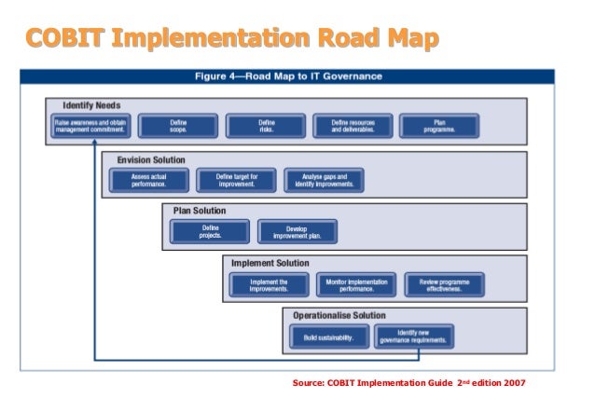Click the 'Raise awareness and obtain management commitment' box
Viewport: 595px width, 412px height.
(90, 127)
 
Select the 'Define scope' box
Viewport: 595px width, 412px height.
(178, 127)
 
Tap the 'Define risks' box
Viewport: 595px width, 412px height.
(266, 127)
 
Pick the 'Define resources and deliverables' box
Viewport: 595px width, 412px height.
(353, 127)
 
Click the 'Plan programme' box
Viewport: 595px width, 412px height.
(439, 127)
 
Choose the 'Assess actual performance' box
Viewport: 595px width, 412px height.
(148, 180)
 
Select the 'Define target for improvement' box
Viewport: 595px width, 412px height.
(236, 180)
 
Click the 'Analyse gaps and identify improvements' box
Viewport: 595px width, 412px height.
(324, 180)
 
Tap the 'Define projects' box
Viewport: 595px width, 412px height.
(210, 231)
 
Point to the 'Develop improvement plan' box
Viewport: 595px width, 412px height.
(297, 231)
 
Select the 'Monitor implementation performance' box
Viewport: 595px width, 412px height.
(357, 284)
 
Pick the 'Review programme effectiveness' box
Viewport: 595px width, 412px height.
(444, 284)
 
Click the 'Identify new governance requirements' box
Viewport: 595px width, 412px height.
(414, 336)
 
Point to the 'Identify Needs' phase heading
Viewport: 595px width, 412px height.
(91, 105)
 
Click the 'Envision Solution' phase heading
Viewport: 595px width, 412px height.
(151, 160)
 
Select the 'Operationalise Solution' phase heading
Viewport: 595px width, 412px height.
(339, 315)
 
